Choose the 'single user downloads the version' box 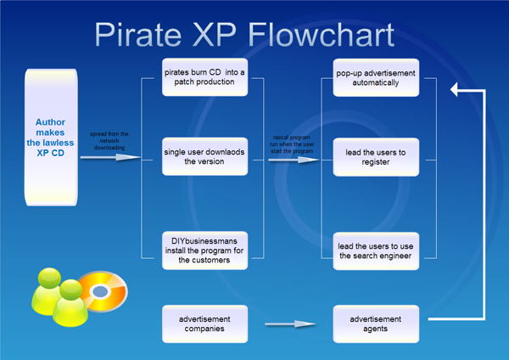[204, 157]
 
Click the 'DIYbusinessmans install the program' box [204, 251]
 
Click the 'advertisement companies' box [204, 323]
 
